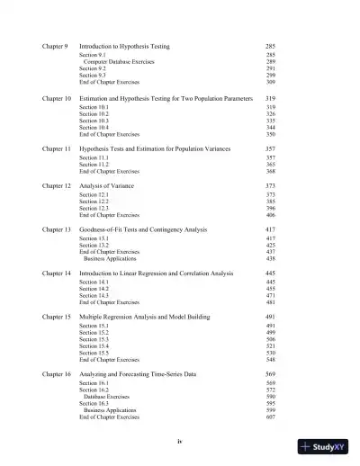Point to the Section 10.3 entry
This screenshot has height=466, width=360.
[94, 121]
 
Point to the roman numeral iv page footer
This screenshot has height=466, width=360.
[180, 443]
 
